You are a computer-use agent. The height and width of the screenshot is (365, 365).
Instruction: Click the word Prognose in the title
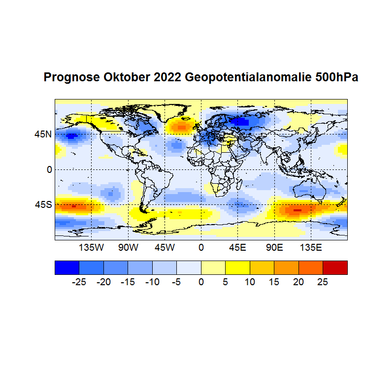(72, 78)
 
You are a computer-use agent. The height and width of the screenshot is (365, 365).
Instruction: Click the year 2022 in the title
(167, 78)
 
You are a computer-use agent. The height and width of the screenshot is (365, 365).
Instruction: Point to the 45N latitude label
(43, 134)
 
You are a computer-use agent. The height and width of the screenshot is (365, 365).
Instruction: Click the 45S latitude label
(43, 204)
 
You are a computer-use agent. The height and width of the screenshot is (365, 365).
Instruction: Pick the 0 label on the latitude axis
(49, 169)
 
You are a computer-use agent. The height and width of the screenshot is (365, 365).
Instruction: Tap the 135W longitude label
(92, 247)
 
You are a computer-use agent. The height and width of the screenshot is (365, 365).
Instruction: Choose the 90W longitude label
(128, 247)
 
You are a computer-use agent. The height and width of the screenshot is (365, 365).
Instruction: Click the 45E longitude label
(237, 247)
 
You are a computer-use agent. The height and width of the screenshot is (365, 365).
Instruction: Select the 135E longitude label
(310, 247)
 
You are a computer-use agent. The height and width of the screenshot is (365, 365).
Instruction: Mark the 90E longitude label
(274, 247)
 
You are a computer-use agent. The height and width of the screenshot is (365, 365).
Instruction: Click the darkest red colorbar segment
(335, 267)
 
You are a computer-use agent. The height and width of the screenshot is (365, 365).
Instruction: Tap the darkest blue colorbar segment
(66, 267)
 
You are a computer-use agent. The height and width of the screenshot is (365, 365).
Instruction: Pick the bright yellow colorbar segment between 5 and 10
(237, 267)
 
